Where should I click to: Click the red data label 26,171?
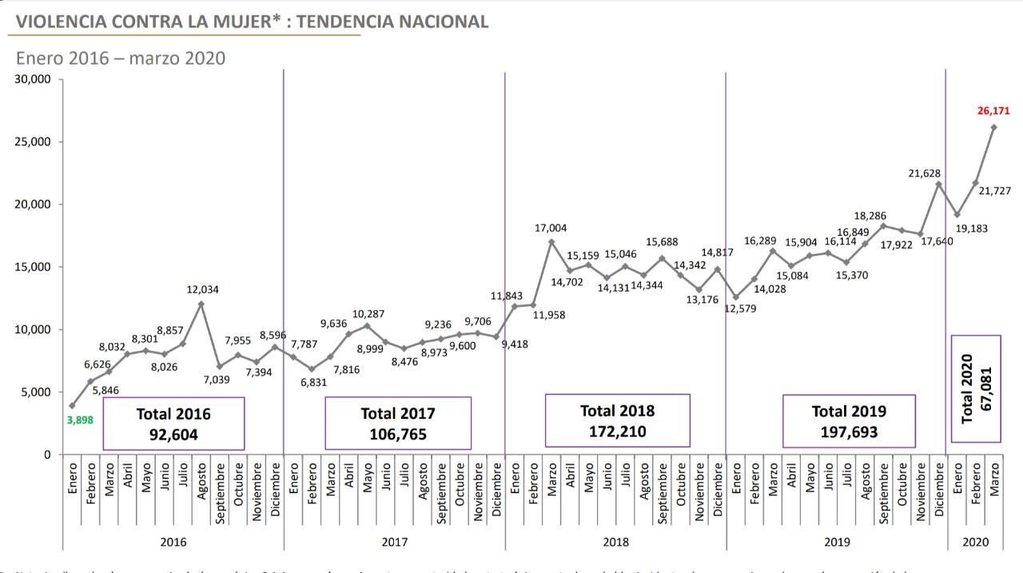(x=993, y=111)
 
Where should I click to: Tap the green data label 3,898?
(x=80, y=419)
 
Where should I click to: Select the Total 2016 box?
(x=173, y=424)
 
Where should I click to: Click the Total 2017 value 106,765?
(x=398, y=435)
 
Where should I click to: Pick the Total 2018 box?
(x=617, y=420)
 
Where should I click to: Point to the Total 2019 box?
(x=849, y=421)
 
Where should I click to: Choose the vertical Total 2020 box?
(x=975, y=388)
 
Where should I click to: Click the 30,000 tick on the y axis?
(x=34, y=79)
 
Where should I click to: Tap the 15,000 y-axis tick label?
(x=34, y=267)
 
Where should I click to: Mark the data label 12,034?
(x=202, y=289)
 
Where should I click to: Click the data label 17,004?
(x=551, y=229)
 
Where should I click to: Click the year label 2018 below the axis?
(x=615, y=542)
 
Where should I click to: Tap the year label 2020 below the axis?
(x=975, y=542)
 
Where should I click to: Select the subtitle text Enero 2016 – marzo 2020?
(x=121, y=58)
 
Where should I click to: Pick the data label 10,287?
(x=368, y=314)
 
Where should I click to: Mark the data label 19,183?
(x=971, y=229)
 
